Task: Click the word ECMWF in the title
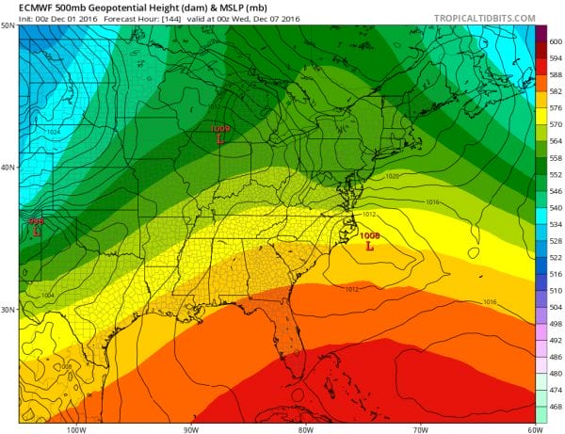click(24, 7)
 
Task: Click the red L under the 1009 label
click(219, 138)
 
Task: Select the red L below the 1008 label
click(369, 246)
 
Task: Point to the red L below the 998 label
click(37, 230)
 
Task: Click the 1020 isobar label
click(394, 176)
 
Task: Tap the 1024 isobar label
click(53, 133)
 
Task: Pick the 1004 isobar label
click(48, 296)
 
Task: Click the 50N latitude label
click(8, 26)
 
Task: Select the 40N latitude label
click(8, 168)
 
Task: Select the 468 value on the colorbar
click(555, 406)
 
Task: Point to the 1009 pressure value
click(220, 128)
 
